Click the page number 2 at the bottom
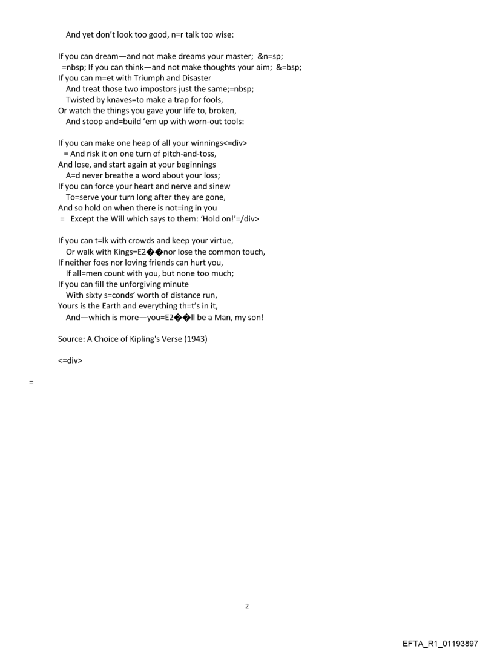(246, 606)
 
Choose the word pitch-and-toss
(190, 154)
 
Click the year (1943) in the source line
(197, 339)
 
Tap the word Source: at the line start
(72, 339)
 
